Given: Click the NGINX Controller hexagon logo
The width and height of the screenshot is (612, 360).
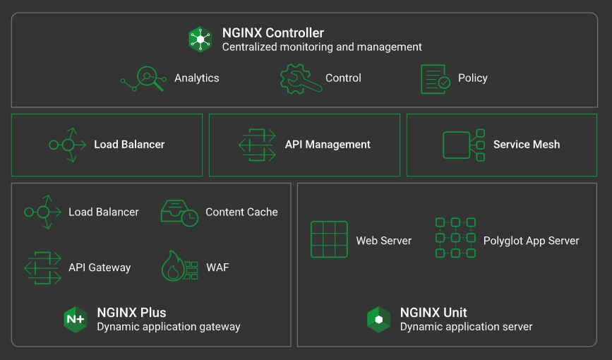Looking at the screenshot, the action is [200, 40].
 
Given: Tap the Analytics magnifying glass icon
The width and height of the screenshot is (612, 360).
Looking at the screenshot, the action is [143, 79].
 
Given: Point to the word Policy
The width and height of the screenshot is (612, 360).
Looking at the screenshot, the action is [473, 78].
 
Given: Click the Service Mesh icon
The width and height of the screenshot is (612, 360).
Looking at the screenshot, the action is [464, 145].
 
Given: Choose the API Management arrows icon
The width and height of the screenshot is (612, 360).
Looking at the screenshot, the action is [257, 145].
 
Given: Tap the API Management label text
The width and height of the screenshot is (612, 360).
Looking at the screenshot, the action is [328, 145].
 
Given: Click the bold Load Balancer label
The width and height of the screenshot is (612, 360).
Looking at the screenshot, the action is [129, 145].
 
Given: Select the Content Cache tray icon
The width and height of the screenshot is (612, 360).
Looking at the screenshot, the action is [179, 213].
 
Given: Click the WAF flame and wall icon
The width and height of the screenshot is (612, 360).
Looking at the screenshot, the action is [180, 266].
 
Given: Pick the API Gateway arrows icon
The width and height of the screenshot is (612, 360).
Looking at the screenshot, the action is [42, 268].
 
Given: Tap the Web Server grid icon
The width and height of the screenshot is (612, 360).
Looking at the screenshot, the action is [329, 239].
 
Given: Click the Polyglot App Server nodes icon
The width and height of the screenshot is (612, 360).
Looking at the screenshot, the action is [455, 238].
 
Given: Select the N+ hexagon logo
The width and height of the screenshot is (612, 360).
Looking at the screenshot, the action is [76, 319].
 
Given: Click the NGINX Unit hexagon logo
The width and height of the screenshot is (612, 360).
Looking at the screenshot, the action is [378, 319].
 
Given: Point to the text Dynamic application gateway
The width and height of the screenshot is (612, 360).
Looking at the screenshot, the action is [169, 327].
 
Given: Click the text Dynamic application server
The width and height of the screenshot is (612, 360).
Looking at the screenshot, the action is [466, 327].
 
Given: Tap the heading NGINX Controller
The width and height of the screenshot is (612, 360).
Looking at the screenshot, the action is [273, 32].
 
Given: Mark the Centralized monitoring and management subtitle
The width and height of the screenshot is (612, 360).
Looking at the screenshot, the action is [322, 47].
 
